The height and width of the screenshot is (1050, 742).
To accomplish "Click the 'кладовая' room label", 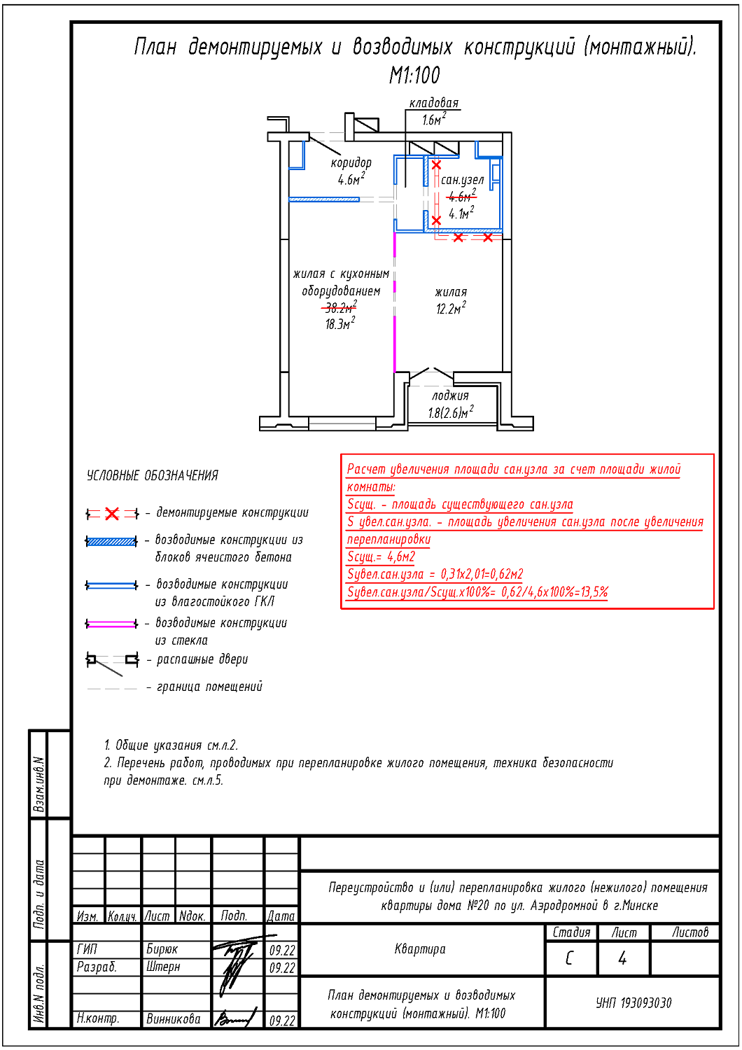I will (x=434, y=104).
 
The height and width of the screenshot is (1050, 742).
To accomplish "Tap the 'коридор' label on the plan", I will (x=351, y=163).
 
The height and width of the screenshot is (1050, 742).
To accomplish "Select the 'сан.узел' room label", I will (x=462, y=180).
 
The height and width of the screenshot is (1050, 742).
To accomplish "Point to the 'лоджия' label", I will (x=450, y=395).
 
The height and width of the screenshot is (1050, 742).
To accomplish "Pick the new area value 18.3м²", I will (x=340, y=324).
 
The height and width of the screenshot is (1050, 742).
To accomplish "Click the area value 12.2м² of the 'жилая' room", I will (x=451, y=309).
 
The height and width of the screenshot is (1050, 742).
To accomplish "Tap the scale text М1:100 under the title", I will (x=414, y=75).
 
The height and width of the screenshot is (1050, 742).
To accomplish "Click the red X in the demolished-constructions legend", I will (x=112, y=514).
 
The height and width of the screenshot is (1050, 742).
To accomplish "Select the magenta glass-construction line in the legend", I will (x=111, y=624).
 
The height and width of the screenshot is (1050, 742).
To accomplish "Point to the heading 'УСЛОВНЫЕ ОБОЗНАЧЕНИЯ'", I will (x=153, y=476).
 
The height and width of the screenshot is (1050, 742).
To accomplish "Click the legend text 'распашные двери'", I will (x=202, y=659).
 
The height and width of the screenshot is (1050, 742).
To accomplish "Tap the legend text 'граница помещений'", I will (x=209, y=687).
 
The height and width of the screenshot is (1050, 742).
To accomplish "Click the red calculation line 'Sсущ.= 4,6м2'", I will (x=381, y=557).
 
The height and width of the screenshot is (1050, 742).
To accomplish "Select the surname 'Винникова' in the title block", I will (x=173, y=1019).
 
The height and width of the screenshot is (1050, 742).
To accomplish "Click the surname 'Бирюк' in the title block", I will (x=162, y=949).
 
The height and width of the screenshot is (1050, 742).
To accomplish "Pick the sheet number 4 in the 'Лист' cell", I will (x=622, y=958).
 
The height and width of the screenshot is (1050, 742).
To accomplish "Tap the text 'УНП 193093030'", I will (x=633, y=1003).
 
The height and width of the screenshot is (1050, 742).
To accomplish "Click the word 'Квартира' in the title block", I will (x=420, y=949).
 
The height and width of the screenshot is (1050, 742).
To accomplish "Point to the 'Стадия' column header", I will (x=571, y=932).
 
